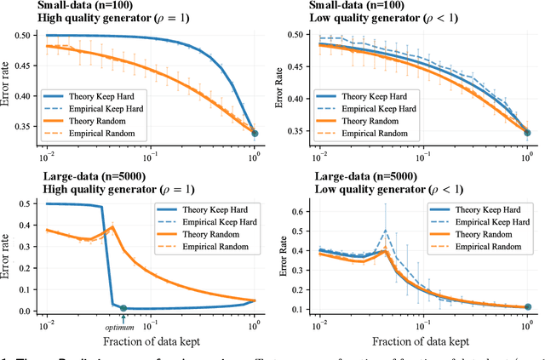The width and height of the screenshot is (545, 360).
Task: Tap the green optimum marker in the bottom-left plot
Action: click(x=123, y=308)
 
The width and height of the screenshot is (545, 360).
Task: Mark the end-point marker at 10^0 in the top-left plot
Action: click(x=255, y=133)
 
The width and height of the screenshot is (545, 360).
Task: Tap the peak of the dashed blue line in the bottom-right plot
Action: click(x=386, y=230)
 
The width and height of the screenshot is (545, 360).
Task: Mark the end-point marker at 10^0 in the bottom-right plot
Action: click(x=527, y=306)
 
